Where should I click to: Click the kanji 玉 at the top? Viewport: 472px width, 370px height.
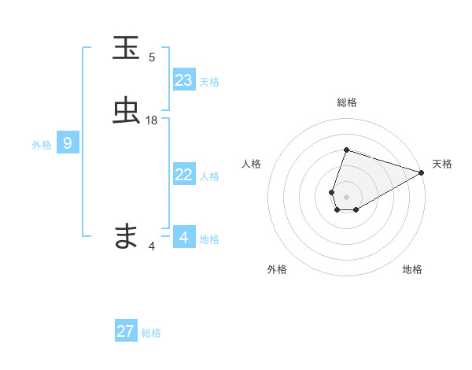pos(127,48)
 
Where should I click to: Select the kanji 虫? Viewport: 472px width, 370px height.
pos(127,111)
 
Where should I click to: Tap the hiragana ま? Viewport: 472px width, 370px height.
pos(127,235)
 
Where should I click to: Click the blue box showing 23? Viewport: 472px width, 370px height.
pos(184,80)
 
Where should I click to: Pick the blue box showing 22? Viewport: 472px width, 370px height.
pos(184,175)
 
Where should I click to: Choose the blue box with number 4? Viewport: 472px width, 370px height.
pos(184,236)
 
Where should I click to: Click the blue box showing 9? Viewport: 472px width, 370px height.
pos(68,143)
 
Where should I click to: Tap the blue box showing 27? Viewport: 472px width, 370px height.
pos(126,331)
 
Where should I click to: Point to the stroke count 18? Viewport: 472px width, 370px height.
pos(152,120)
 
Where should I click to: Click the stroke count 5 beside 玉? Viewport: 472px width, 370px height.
pos(152,57)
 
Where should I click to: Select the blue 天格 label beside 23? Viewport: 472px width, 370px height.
pos(209,82)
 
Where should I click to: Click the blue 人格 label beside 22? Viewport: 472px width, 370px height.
pos(209,177)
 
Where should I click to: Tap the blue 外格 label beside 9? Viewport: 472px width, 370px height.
pos(42,145)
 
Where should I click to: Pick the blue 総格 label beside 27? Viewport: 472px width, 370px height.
pos(151,333)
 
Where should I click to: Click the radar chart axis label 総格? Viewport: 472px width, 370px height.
pos(346,102)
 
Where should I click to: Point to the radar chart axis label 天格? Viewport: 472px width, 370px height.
pos(442,164)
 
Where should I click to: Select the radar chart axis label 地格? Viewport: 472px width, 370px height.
pos(412,270)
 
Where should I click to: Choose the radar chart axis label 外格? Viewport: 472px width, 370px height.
pos(277,270)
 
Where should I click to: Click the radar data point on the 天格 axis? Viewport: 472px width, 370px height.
pos(422,172)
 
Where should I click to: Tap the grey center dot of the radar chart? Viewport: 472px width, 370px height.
pos(346,196)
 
